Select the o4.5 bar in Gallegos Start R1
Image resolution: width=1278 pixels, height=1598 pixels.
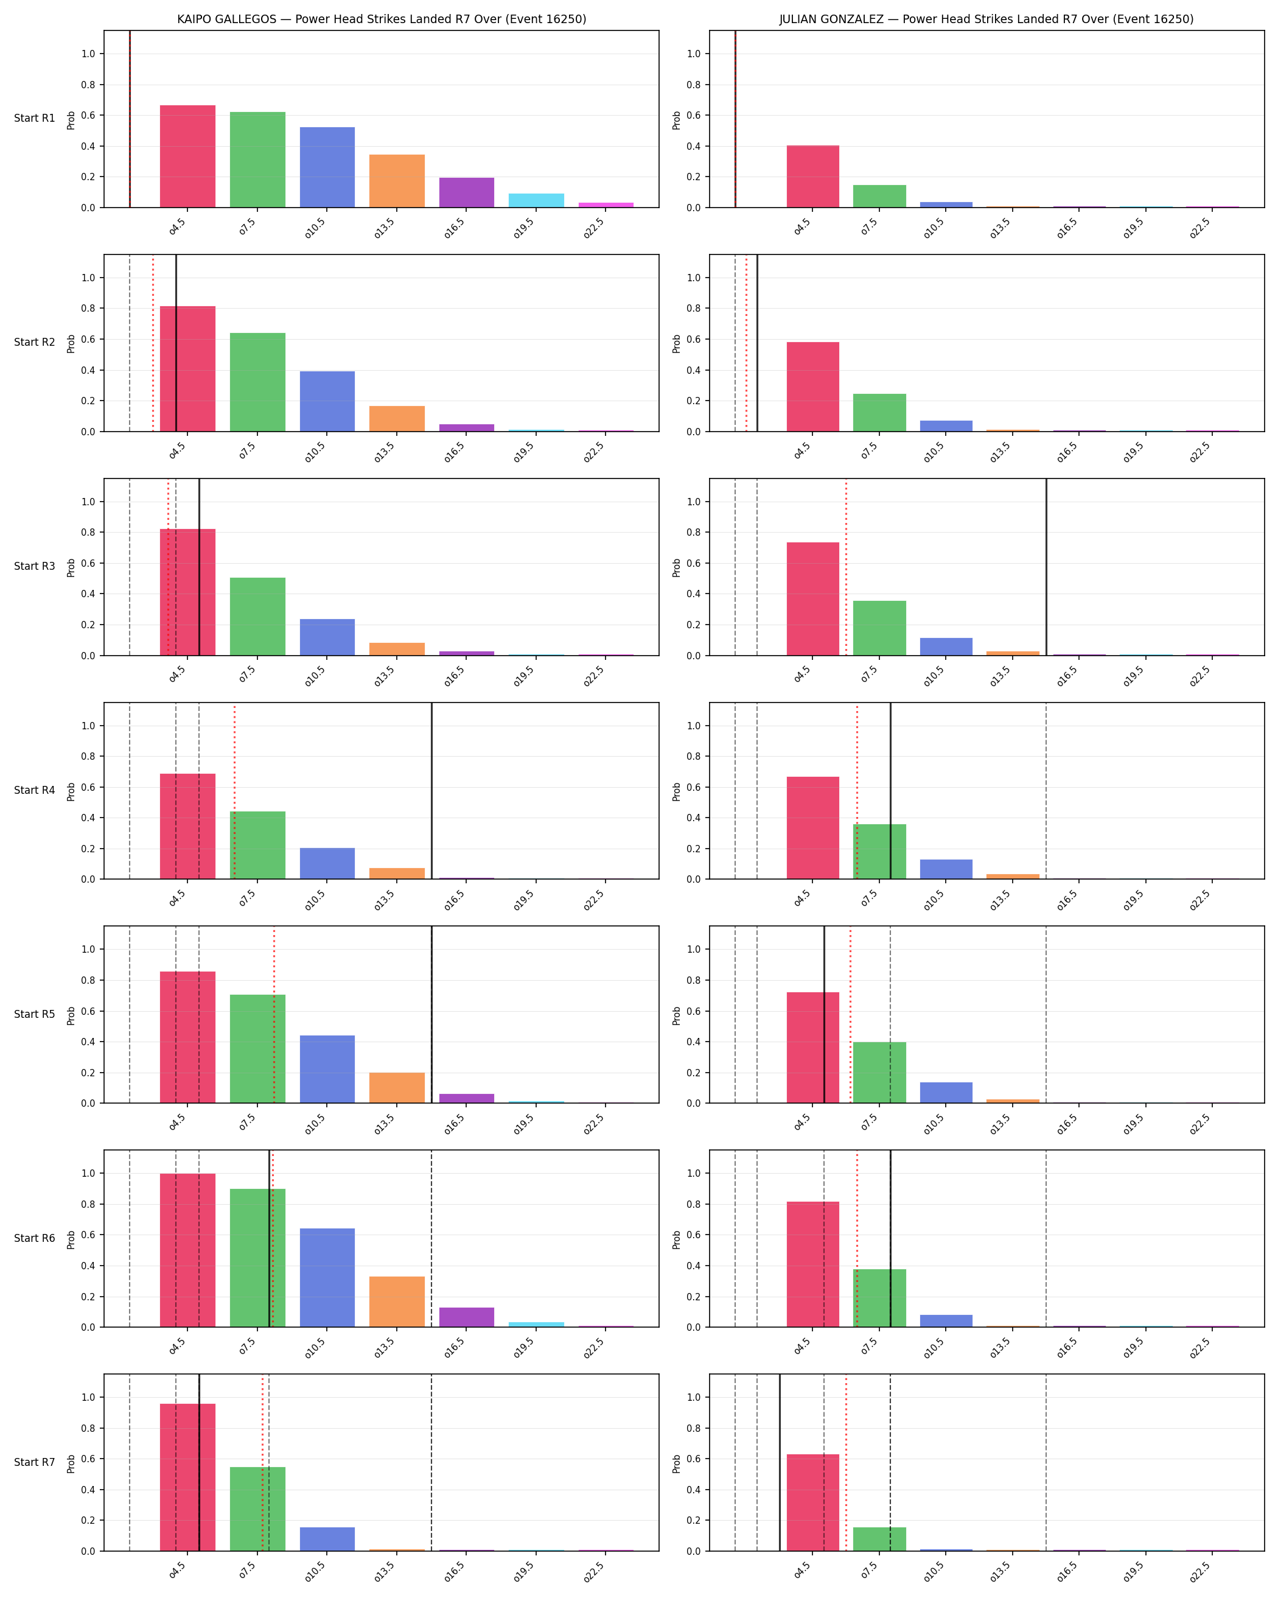pyautogui.click(x=187, y=156)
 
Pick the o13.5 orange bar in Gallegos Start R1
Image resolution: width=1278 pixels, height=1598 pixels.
pyautogui.click(x=397, y=181)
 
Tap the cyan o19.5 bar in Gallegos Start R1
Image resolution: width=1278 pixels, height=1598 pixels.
pyautogui.click(x=536, y=201)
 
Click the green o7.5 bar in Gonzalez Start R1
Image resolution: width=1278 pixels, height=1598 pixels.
pyautogui.click(x=879, y=197)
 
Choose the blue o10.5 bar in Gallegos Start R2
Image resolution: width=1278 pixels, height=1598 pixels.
pyautogui.click(x=327, y=401)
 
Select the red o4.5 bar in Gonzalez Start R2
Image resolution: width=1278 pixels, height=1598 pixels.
pyautogui.click(x=812, y=387)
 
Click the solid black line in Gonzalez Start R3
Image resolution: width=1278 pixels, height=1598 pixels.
pyautogui.click(x=1046, y=567)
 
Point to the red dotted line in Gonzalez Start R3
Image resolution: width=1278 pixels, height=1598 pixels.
pyautogui.click(x=846, y=567)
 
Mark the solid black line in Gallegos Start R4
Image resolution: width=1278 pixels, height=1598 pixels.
pyautogui.click(x=432, y=791)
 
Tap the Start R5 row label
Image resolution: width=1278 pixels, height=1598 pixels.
pyautogui.click(x=35, y=1014)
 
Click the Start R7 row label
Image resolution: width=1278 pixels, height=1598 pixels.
pyautogui.click(x=35, y=1462)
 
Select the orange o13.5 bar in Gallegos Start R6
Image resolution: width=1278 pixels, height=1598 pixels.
pyautogui.click(x=397, y=1302)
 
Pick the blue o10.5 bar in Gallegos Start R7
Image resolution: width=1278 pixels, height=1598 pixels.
pyautogui.click(x=327, y=1539)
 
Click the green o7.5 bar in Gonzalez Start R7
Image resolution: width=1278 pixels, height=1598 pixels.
pyautogui.click(x=879, y=1539)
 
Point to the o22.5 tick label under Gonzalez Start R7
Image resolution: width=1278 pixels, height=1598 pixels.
pyautogui.click(x=1200, y=1570)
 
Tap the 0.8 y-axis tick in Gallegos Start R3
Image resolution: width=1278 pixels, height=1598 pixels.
pyautogui.click(x=88, y=532)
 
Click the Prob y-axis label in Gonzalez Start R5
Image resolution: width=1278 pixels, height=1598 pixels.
pyautogui.click(x=676, y=1015)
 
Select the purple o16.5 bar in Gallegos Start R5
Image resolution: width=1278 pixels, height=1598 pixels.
pyautogui.click(x=467, y=1098)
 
